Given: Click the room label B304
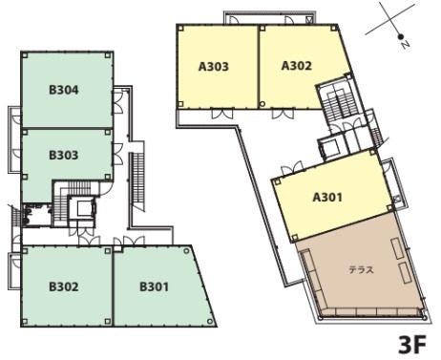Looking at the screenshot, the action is click(x=64, y=90).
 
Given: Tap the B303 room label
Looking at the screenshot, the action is click(x=64, y=156).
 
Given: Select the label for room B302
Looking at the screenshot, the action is click(x=64, y=286).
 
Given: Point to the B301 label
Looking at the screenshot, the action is click(x=154, y=286).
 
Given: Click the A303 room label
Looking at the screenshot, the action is click(x=214, y=67).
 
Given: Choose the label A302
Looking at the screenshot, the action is click(x=297, y=66).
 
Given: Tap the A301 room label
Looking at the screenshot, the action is click(x=327, y=198).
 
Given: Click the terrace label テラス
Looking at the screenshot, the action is click(x=361, y=270).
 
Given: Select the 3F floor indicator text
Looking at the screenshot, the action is click(x=412, y=345).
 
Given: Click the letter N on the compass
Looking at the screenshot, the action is click(x=405, y=44).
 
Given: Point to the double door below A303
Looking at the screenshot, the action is click(x=222, y=114).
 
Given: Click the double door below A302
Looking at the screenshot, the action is click(x=283, y=114).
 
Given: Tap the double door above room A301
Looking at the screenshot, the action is click(x=292, y=167).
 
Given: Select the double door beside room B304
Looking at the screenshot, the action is click(x=117, y=102).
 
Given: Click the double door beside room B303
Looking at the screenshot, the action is click(x=117, y=154).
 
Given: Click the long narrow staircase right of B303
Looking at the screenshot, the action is click(x=137, y=180).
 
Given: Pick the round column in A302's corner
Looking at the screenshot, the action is click(x=262, y=104).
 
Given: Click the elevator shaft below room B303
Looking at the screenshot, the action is click(x=82, y=207).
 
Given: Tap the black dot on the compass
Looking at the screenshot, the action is click(x=401, y=36).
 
